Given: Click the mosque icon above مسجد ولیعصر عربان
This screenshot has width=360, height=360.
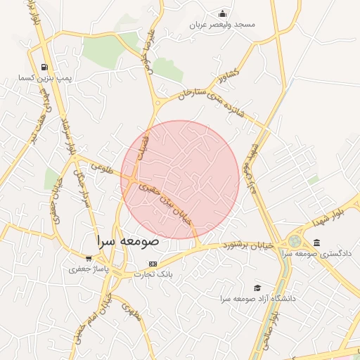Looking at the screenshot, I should [223, 13].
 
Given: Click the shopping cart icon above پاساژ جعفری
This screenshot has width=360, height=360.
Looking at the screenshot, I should [89, 258].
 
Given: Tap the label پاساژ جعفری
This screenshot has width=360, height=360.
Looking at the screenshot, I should [89, 269].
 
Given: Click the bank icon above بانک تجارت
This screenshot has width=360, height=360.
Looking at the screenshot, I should [153, 264].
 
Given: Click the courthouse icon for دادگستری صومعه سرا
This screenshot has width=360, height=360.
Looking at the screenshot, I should [316, 243].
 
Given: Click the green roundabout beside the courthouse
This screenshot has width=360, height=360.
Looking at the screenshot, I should [295, 242].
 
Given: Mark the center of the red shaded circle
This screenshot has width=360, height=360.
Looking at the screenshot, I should [180, 179].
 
